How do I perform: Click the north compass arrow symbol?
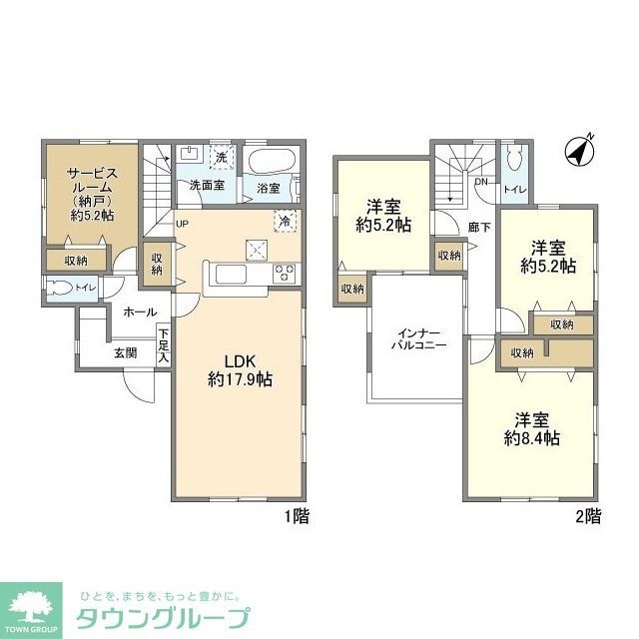[580, 150]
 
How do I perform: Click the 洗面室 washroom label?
[207, 186]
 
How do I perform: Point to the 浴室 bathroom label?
[268, 187]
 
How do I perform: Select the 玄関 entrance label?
[125, 351]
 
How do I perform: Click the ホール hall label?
[140, 313]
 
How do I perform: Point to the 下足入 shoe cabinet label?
[163, 344]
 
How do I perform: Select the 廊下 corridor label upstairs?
[480, 227]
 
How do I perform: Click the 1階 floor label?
[297, 516]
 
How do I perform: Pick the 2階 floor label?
[587, 516]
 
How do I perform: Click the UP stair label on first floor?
[182, 223]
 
